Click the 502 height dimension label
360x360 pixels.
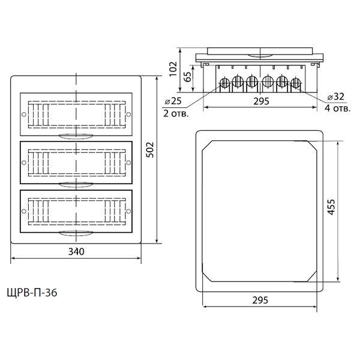coord(150,149)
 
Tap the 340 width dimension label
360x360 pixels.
coord(76,251)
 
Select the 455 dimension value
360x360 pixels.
coord(331,207)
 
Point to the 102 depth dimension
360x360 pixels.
coord(173,69)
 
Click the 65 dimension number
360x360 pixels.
coord(188,77)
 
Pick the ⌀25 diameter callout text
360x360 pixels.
coord(173,101)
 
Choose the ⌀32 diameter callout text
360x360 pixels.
coord(335,97)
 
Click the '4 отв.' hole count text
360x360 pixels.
coord(337,108)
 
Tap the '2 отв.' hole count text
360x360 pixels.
coord(176,113)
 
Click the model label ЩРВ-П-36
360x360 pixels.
coord(32,293)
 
